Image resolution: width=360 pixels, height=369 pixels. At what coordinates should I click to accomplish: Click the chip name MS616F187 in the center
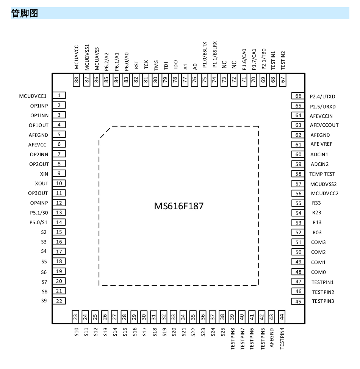[x=178, y=206]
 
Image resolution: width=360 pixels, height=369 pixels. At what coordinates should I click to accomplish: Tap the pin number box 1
[x=59, y=95]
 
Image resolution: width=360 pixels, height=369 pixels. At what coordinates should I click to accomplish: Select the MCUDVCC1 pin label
[x=33, y=96]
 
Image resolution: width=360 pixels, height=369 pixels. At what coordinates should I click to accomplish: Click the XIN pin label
[x=44, y=174]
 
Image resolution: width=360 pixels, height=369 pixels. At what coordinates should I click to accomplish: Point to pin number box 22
[x=59, y=301]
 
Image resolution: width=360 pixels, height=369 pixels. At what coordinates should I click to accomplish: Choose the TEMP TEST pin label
[x=322, y=174]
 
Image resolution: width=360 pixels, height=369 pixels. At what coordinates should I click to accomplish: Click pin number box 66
[x=298, y=96]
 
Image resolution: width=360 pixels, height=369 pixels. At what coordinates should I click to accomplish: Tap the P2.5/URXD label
[x=323, y=107]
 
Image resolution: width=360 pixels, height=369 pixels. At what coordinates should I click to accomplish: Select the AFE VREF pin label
[x=321, y=144]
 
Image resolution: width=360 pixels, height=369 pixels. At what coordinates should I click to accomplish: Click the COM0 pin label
[x=319, y=272]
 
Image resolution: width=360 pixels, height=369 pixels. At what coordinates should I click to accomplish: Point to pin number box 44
[x=282, y=317]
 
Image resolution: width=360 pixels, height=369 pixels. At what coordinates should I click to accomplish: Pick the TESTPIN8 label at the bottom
[x=233, y=339]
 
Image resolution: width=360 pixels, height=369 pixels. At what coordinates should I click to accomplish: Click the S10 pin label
[x=76, y=332]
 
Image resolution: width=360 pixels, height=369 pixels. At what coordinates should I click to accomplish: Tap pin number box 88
[x=76, y=80]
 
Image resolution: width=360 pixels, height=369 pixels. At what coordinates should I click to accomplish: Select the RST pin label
[x=136, y=65]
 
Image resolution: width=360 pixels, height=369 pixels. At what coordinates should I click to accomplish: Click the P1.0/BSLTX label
[x=205, y=55]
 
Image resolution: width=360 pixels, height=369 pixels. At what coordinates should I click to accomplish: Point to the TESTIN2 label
[x=283, y=61]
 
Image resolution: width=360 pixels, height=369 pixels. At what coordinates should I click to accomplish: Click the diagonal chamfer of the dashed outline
[x=105, y=133]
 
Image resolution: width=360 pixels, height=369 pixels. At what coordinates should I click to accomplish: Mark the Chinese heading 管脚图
[x=25, y=13]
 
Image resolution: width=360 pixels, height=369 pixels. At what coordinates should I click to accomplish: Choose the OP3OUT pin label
[x=38, y=193]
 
